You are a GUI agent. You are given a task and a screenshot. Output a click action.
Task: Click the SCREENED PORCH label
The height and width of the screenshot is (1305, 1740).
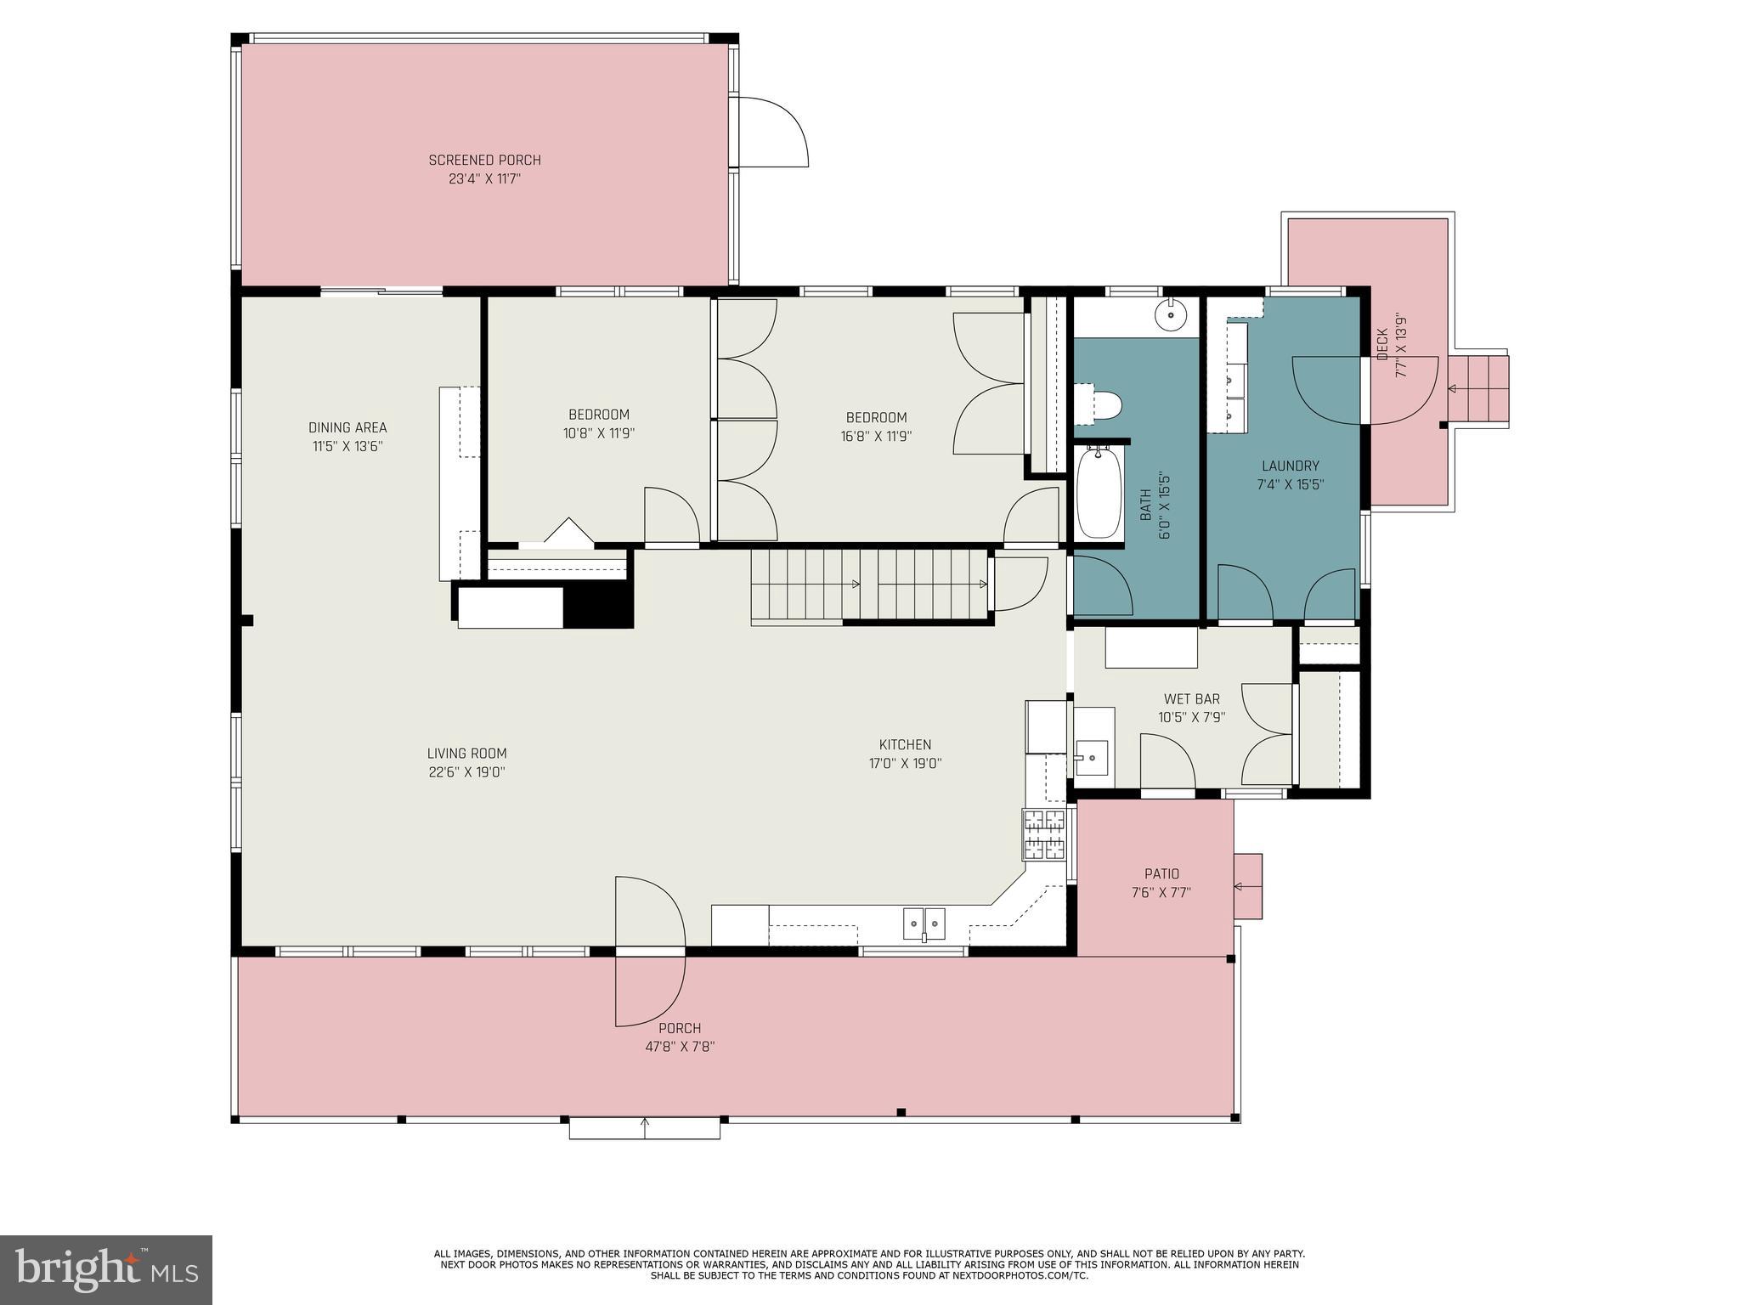(x=484, y=160)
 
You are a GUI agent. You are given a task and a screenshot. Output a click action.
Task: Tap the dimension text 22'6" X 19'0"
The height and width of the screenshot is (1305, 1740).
(x=467, y=772)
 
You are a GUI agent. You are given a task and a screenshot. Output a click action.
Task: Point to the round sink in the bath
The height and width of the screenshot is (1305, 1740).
(x=1170, y=315)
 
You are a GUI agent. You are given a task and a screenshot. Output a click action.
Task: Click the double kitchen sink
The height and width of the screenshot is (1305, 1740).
(x=924, y=923)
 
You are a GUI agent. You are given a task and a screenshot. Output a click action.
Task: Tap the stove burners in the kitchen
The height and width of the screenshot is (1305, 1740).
(x=1043, y=834)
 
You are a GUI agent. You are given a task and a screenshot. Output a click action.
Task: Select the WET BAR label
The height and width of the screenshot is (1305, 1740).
(x=1191, y=699)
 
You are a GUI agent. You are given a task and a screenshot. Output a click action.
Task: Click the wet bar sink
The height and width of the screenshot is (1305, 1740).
(x=1092, y=756)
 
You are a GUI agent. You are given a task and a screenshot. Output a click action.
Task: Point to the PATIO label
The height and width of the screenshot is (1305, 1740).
(x=1161, y=873)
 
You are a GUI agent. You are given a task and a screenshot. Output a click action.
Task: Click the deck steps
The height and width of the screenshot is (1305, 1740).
(x=1477, y=389)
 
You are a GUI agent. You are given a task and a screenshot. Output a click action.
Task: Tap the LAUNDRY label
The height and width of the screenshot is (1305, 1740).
(x=1290, y=466)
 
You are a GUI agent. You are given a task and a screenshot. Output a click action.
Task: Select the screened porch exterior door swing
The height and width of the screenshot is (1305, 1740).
(x=769, y=133)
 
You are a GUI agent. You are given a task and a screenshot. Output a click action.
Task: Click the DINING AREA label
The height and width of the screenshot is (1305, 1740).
(x=347, y=427)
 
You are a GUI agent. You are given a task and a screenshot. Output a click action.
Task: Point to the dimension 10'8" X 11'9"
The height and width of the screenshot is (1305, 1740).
(x=599, y=433)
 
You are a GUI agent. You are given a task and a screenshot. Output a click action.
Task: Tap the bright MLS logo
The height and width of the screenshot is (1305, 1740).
(x=106, y=1270)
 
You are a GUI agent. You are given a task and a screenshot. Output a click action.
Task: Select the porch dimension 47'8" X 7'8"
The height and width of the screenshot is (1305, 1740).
(x=680, y=1047)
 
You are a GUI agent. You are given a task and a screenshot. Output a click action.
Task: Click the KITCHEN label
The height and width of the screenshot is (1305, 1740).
(x=905, y=744)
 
